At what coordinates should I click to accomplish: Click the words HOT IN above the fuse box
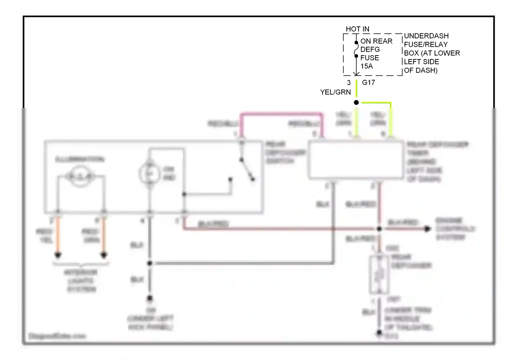357,29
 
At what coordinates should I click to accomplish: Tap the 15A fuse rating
366,66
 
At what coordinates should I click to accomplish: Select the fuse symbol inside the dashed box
356,50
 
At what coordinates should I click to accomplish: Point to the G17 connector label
368,83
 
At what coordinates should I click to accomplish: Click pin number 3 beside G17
349,83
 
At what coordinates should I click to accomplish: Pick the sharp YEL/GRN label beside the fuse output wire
335,92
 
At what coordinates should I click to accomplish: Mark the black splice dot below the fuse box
356,103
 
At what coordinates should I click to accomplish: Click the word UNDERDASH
426,36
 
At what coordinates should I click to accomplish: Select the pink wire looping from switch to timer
281,114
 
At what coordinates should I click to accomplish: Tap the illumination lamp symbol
80,176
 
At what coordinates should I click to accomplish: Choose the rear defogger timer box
356,160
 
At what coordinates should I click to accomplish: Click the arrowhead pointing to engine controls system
427,229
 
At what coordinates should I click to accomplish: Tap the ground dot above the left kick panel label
150,298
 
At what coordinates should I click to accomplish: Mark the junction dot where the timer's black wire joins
150,263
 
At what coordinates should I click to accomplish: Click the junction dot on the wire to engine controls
379,229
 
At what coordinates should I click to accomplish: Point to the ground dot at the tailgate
379,332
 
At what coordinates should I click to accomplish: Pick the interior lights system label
80,281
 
